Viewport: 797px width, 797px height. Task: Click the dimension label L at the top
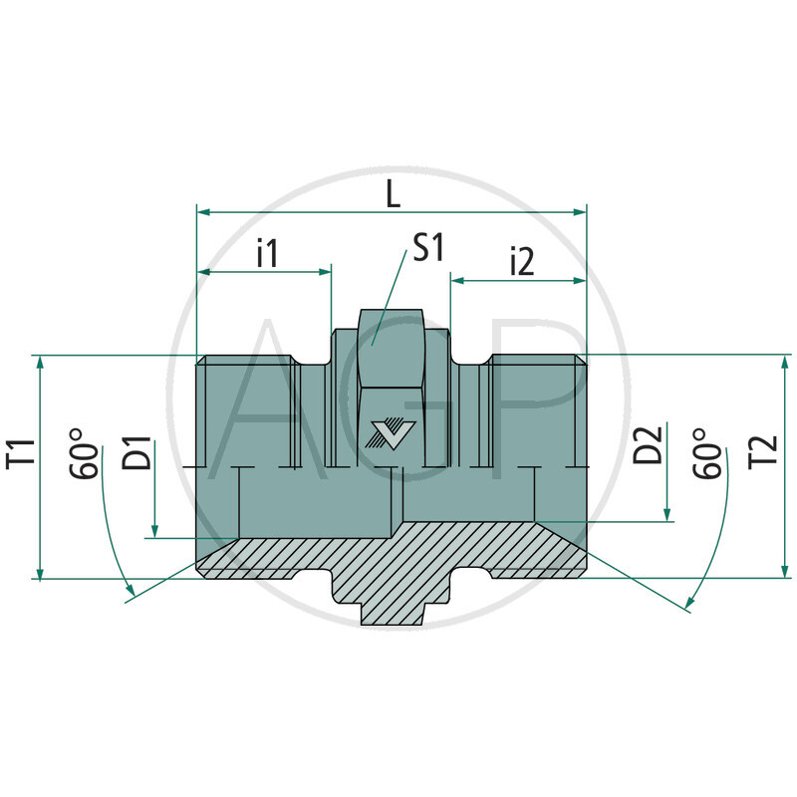pyautogui.click(x=393, y=194)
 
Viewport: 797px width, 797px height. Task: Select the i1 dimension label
pyautogui.click(x=266, y=253)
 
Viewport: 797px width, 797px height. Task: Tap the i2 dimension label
pyautogui.click(x=521, y=262)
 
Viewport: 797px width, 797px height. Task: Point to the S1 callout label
pyautogui.click(x=427, y=249)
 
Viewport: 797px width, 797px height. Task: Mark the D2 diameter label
pyautogui.click(x=650, y=446)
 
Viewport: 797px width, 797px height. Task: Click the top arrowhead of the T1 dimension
pyautogui.click(x=39, y=362)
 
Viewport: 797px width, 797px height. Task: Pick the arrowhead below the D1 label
pyautogui.click(x=155, y=530)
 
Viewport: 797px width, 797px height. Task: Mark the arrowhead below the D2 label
pyautogui.click(x=666, y=513)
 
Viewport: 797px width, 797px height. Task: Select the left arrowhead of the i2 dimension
pyautogui.click(x=457, y=281)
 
